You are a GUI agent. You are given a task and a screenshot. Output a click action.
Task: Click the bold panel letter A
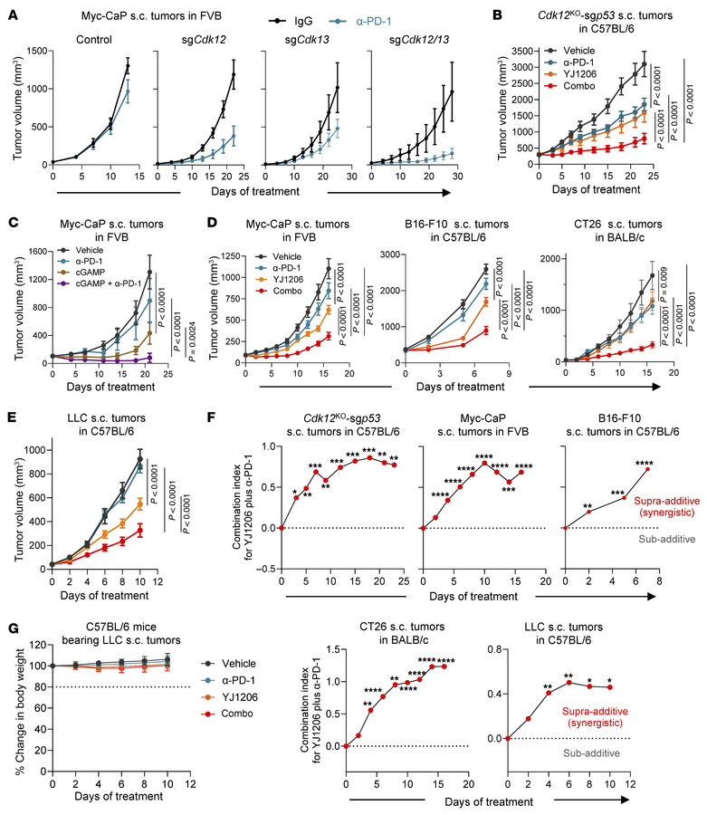click(x=7, y=8)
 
